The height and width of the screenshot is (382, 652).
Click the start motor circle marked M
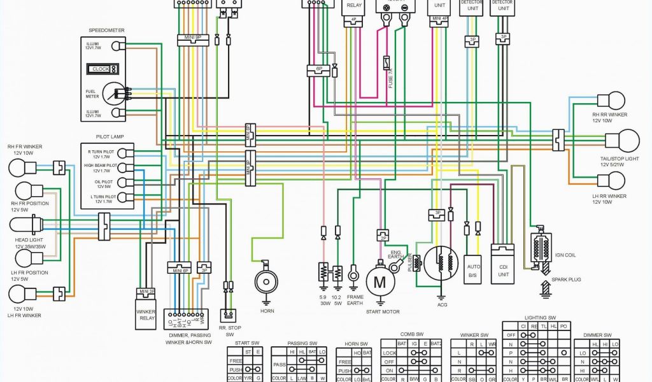pos(380,281)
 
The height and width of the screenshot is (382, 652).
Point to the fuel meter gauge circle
pos(113,94)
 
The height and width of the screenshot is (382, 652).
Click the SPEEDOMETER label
pos(107,30)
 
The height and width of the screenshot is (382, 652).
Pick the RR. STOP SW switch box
pos(227,315)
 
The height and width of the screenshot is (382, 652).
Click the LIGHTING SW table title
pos(540,316)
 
